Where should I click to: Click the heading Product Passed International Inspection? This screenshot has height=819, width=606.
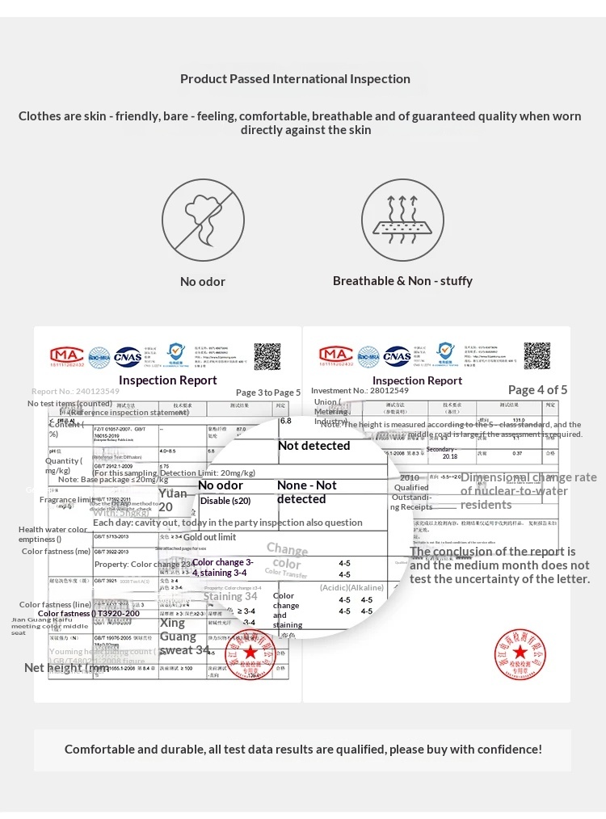[x=295, y=78]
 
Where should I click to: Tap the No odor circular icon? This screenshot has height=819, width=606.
[x=203, y=220]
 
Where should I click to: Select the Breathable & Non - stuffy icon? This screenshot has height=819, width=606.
[x=402, y=220]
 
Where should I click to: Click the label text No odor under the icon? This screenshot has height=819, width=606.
[x=203, y=282]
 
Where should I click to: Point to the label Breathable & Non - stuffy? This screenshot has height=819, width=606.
[x=402, y=281]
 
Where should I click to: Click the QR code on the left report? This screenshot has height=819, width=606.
[x=267, y=356]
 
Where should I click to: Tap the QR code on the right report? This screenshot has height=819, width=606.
[x=537, y=356]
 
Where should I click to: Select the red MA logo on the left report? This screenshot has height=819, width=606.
[x=66, y=356]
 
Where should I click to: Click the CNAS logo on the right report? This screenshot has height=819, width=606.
[x=396, y=356]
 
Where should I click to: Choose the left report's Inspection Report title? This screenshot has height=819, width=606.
[x=168, y=380]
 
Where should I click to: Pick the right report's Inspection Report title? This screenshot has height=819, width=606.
[x=418, y=380]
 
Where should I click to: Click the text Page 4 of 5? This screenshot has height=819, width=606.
[x=537, y=390]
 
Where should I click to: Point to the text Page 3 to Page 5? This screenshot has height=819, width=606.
[x=268, y=393]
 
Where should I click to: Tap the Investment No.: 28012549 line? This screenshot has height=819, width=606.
[x=360, y=391]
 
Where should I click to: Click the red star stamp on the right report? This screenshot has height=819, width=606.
[x=520, y=653]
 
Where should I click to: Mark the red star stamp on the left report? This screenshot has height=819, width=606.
[x=250, y=653]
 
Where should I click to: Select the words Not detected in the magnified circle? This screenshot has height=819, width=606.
[x=314, y=446]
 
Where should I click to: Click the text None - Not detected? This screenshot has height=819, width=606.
[x=306, y=492]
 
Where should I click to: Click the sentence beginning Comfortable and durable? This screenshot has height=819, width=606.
[x=303, y=750]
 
